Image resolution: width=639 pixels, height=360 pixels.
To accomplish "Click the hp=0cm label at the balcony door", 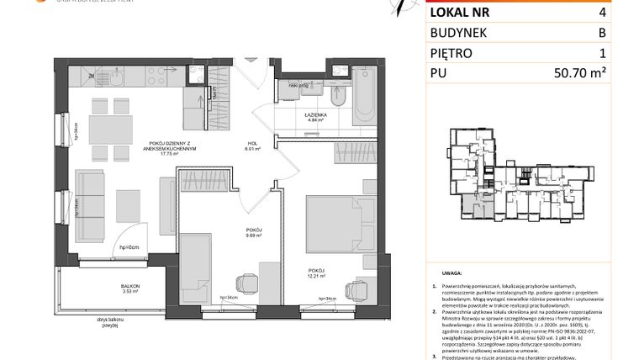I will [128, 246].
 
